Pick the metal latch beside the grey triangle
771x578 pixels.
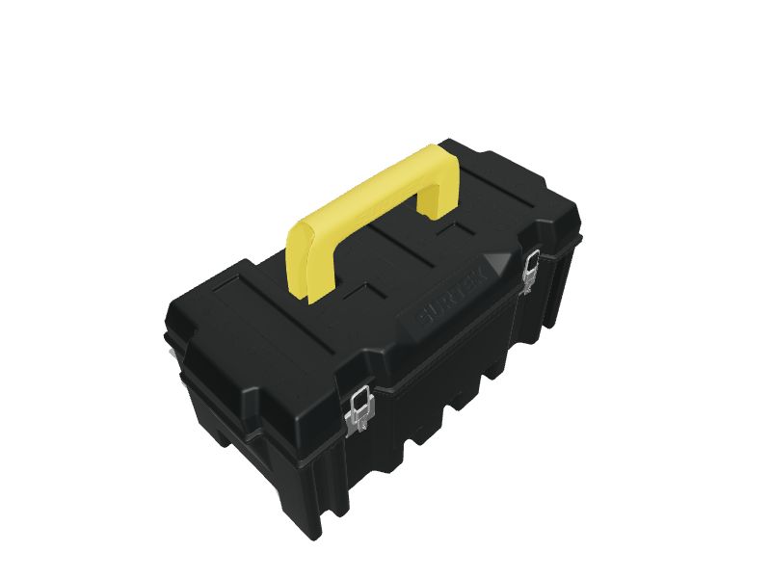pos(530,269)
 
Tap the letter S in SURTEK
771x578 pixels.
pos(421,315)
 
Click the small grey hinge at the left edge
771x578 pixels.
pos(173,355)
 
